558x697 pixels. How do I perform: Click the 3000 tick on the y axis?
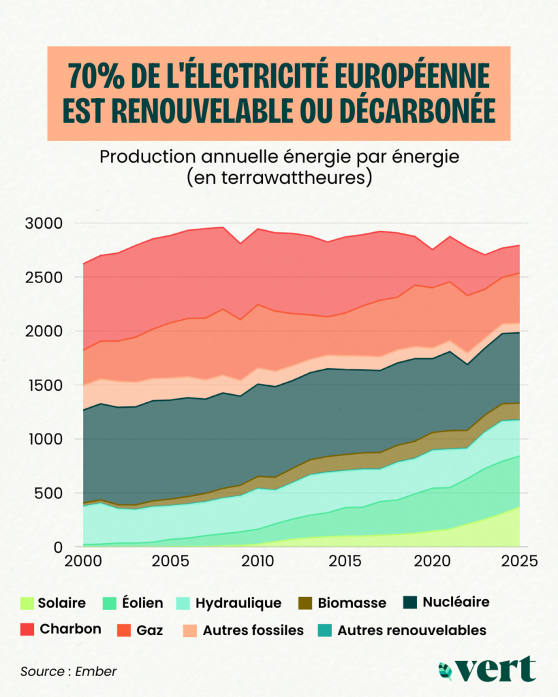[45, 224]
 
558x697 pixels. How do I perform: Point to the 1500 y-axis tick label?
[45, 386]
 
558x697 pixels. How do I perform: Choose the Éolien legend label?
[142, 603]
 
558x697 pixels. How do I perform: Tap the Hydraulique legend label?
[238, 603]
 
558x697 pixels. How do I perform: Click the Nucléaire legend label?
[456, 602]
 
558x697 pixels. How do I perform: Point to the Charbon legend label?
[70, 630]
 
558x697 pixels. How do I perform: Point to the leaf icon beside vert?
[446, 669]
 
